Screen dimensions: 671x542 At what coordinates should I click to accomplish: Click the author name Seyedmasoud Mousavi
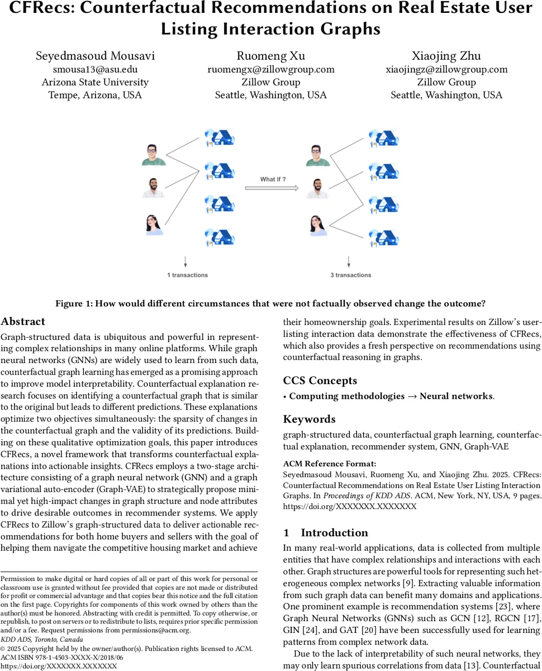point(95,56)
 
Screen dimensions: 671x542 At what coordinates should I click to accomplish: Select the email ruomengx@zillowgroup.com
point(271,69)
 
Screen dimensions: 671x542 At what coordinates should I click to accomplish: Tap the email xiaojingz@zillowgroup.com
point(446,69)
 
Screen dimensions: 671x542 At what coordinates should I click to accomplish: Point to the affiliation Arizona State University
point(95,82)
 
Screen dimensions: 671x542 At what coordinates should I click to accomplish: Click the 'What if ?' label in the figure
point(273,179)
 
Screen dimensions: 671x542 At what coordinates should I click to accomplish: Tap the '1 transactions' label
point(187,275)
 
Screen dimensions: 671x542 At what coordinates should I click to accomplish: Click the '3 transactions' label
point(350,275)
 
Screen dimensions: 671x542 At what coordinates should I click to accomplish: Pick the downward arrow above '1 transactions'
point(185,261)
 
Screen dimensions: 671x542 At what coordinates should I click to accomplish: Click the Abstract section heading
point(23,322)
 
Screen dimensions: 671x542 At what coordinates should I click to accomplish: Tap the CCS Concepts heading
point(320,381)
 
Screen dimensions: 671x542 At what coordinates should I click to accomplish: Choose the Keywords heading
point(310,419)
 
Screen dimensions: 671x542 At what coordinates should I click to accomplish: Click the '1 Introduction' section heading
point(326,532)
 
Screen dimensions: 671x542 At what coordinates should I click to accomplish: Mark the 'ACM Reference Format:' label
point(321,464)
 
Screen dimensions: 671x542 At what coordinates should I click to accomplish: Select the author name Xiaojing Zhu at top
point(446,56)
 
